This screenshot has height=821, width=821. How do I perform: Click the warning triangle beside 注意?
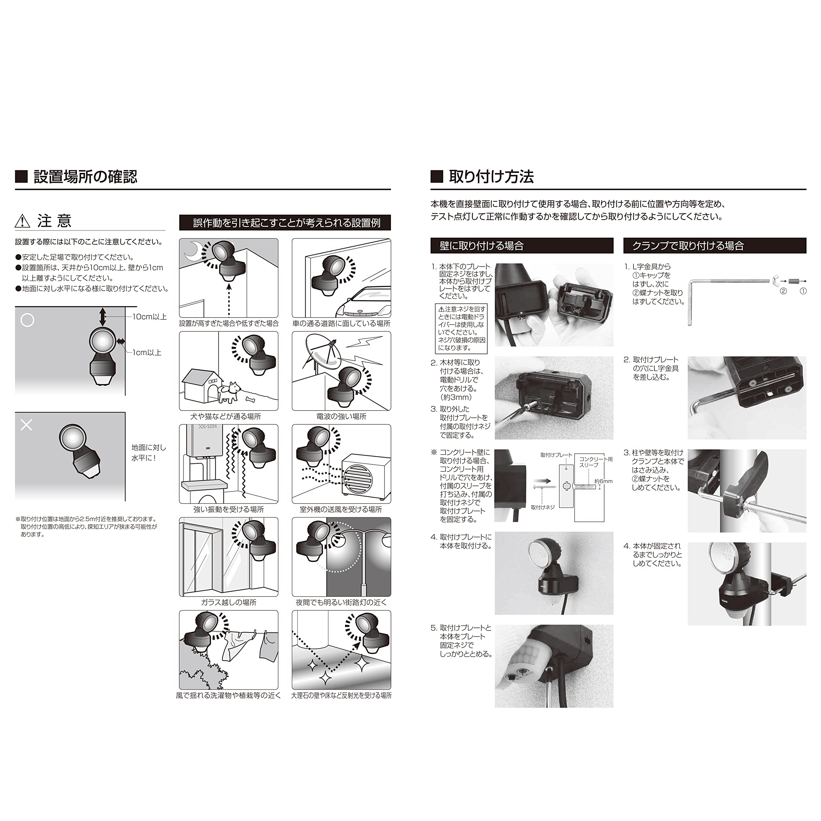click(x=22, y=221)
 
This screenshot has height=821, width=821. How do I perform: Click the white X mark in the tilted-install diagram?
click(x=26, y=425)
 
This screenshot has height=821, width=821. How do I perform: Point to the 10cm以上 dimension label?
click(x=149, y=317)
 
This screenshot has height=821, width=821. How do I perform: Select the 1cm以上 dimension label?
click(x=147, y=352)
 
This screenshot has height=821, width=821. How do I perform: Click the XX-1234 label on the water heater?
click(x=207, y=427)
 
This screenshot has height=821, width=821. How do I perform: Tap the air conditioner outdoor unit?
click(x=366, y=476)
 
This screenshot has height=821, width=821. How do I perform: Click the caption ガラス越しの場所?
click(x=229, y=602)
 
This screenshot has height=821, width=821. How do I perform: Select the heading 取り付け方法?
click(x=491, y=176)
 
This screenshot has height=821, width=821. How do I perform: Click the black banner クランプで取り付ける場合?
click(x=715, y=246)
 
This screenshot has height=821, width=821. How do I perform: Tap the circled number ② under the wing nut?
click(x=783, y=291)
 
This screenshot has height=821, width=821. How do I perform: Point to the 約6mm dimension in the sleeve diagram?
click(x=604, y=481)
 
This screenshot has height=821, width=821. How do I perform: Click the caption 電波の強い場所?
click(x=341, y=417)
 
